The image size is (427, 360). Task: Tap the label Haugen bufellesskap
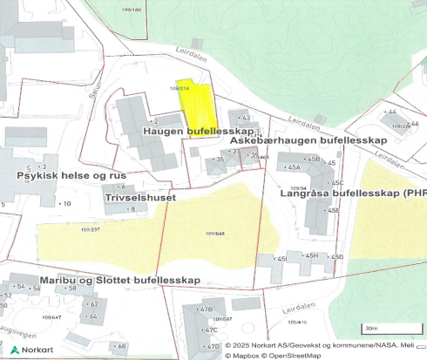click(x=186, y=131)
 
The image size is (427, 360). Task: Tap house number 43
click(x=245, y=118)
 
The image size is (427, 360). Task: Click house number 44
click(x=391, y=112)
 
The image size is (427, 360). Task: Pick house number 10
click(x=66, y=203)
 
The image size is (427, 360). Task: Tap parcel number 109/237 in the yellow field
click(x=90, y=229)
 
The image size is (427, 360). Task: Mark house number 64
click(x=92, y=316)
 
